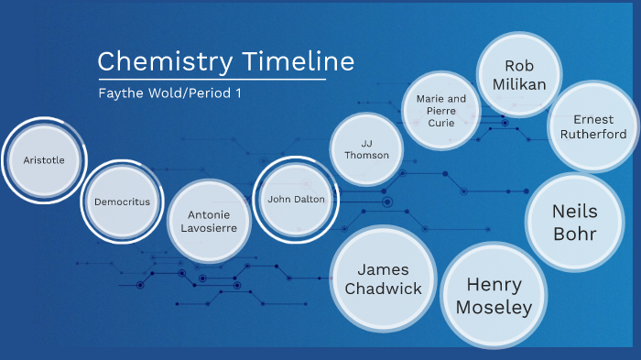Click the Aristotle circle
tap(44, 160)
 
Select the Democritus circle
tap(122, 202)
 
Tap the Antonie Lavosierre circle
tap(209, 221)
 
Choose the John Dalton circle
tap(296, 199)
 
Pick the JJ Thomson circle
tap(366, 149)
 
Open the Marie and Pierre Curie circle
tap(441, 111)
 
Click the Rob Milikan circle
tap(519, 75)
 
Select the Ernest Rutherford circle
tap(593, 126)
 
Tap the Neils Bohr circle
tap(575, 222)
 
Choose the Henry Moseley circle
tap(494, 295)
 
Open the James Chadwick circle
tap(383, 279)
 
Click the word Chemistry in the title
tap(165, 61)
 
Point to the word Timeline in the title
tap(298, 61)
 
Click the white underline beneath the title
tap(212, 79)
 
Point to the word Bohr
tap(575, 234)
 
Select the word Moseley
tap(494, 307)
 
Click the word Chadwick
tap(383, 289)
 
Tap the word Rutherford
tap(593, 134)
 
